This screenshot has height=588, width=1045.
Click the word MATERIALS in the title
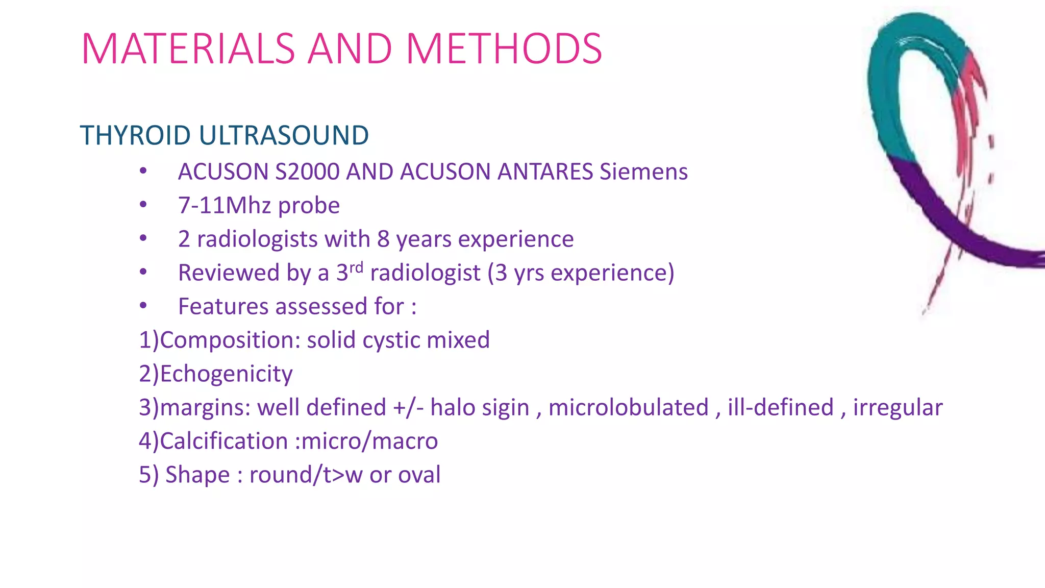point(188,49)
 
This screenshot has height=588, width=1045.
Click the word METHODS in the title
point(504,49)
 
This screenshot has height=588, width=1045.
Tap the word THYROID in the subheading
point(135,136)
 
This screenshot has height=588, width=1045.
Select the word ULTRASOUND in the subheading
point(284,136)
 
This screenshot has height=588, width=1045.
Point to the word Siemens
point(643,171)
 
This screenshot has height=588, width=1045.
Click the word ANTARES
point(545,171)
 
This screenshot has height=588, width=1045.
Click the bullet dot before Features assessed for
point(143,306)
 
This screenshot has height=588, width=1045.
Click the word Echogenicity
point(226,374)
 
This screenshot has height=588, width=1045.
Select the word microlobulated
point(629,407)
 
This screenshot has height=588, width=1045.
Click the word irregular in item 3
point(898,408)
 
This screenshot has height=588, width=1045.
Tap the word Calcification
point(224,441)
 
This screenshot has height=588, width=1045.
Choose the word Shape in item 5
point(197,475)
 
